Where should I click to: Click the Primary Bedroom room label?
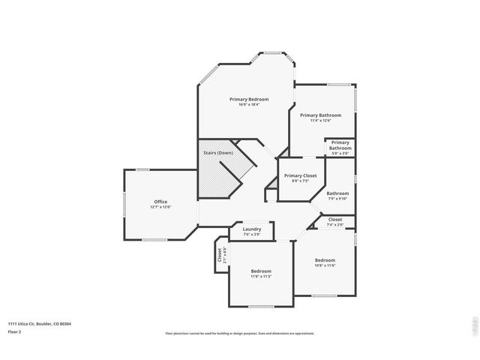click(x=249, y=99)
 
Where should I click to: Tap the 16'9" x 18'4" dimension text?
click(x=249, y=105)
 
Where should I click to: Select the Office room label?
click(x=160, y=201)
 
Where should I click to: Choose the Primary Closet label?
click(x=300, y=175)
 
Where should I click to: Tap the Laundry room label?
click(x=252, y=229)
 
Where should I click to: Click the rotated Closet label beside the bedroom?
click(x=220, y=254)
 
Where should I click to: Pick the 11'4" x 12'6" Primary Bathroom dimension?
click(x=320, y=121)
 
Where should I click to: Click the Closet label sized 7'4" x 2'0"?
click(x=335, y=220)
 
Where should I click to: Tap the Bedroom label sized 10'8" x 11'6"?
click(x=325, y=260)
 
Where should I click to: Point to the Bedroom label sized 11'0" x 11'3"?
click(x=261, y=271)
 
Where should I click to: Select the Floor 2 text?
click(x=14, y=331)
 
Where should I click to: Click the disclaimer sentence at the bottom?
click(x=240, y=334)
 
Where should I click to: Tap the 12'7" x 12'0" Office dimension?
click(x=160, y=207)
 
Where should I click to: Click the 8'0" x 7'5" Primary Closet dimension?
click(x=300, y=181)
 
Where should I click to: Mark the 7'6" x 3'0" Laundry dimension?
click(x=252, y=235)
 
